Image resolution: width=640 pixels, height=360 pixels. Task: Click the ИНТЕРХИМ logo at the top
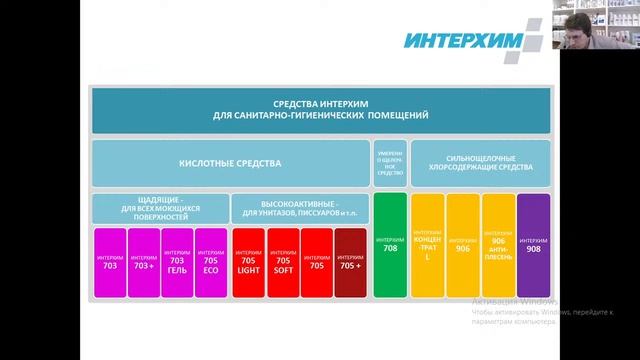pos(469,40)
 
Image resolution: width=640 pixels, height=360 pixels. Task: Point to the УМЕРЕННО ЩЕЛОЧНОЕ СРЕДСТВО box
pos(390,163)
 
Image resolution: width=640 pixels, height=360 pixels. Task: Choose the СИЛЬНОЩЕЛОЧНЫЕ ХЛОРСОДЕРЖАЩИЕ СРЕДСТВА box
pos(480,163)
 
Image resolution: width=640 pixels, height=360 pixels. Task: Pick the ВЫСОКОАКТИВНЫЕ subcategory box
pos(299,208)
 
